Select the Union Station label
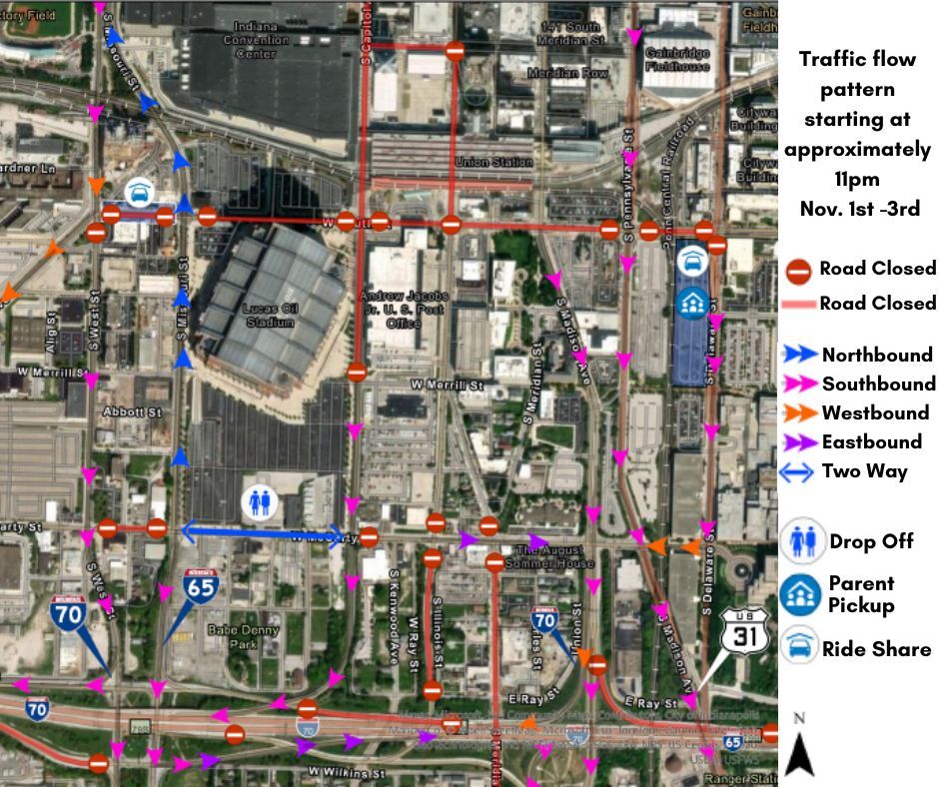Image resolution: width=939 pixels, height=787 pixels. coord(493,162)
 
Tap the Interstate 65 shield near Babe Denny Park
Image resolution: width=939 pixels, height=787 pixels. coord(200,586)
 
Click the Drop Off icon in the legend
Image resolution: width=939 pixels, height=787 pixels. coord(802,541)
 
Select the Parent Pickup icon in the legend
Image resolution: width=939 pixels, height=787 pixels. coord(802,594)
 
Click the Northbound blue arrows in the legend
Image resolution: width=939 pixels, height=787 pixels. coord(799,355)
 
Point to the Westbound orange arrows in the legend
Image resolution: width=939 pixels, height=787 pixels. coord(799,412)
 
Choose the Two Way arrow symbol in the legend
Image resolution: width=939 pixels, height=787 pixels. coord(799,471)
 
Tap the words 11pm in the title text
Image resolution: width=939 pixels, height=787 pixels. coord(856,180)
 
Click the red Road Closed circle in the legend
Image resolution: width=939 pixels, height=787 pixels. coord(799,269)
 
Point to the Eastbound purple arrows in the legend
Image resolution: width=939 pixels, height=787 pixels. coord(799,441)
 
